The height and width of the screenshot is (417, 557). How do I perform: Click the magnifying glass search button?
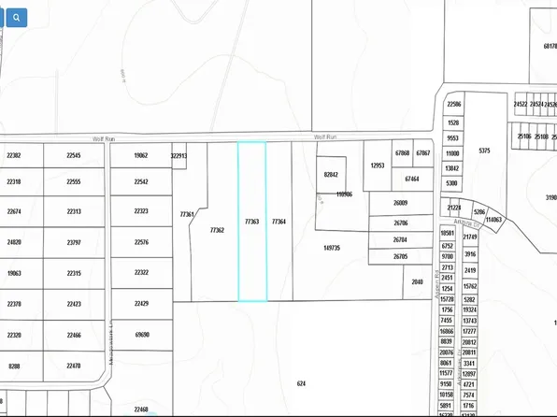[x=16, y=17]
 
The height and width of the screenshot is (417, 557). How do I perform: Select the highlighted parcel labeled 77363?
[x=251, y=222]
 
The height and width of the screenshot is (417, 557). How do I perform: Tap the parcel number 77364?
[x=278, y=222]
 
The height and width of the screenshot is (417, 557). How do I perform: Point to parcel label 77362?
[x=218, y=229]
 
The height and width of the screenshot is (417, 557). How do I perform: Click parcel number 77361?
[x=187, y=214]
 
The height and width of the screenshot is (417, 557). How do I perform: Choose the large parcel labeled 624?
[x=301, y=383]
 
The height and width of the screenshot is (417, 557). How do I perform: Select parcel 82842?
[x=331, y=175]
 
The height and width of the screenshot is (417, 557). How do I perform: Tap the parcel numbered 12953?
[x=378, y=165]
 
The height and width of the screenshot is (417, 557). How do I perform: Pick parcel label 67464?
[x=411, y=178]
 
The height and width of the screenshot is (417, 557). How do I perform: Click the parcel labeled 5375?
[x=483, y=151]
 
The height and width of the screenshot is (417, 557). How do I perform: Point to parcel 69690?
[x=142, y=334]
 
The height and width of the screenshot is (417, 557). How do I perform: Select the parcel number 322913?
[x=179, y=156]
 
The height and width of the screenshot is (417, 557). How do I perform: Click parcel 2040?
[x=417, y=280]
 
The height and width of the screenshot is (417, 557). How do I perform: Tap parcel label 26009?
[x=401, y=203]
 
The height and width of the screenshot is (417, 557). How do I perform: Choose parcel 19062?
[x=142, y=156]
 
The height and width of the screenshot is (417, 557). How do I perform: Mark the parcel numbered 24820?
[x=14, y=242]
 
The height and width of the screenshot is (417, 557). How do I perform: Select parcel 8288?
[x=14, y=366]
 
